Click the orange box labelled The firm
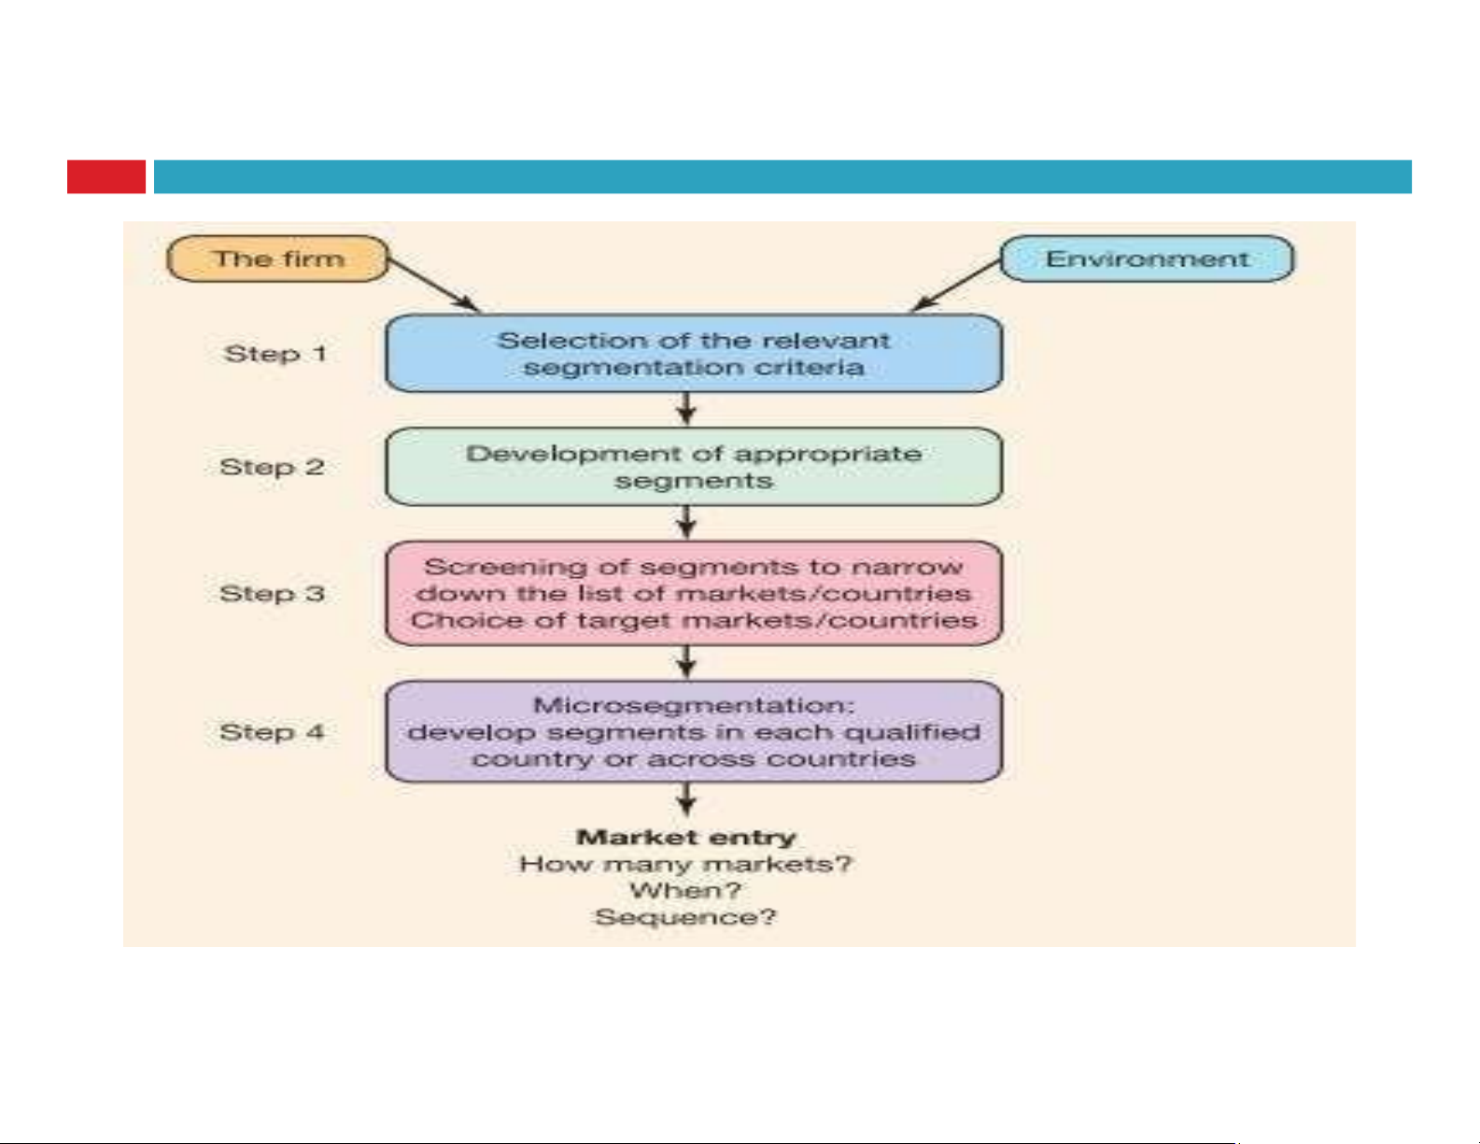277,259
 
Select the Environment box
1147,259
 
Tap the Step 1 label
275,354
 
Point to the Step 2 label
273,467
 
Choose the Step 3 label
273,594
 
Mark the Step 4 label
273,732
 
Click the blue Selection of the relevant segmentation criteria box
693,354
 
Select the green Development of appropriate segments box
693,467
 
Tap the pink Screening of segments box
693,594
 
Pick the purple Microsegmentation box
693,732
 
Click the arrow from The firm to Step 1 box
434,285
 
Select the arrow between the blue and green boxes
687,409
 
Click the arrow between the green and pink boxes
687,522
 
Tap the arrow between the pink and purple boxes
687,662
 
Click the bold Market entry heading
686,838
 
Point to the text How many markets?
686,865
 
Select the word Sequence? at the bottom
686,918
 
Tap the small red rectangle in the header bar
106,177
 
